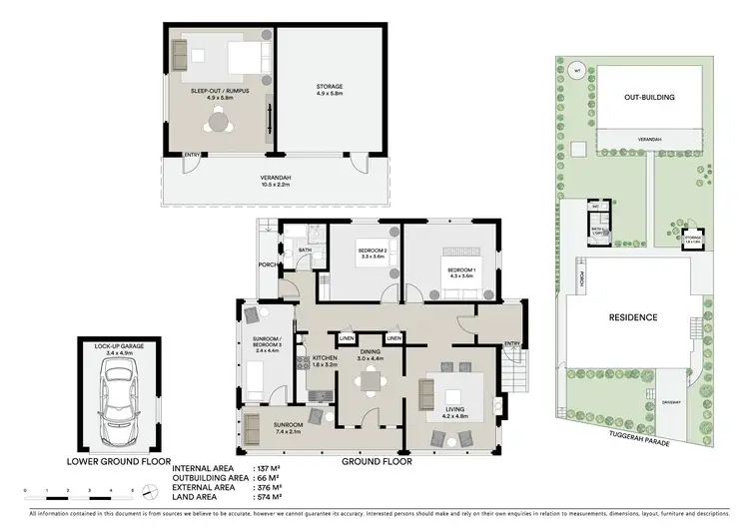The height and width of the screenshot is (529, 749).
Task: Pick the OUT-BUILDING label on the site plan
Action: (650, 98)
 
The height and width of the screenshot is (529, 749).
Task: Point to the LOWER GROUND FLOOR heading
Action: (117, 462)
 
